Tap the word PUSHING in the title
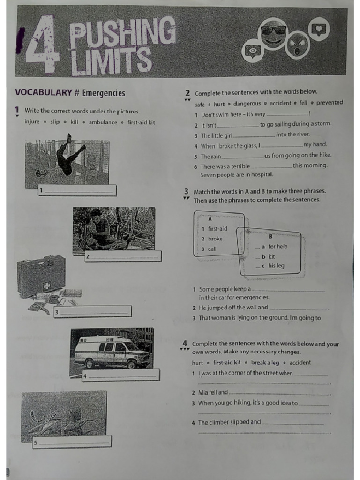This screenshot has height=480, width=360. click(x=122, y=33)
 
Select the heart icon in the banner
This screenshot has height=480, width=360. click(x=319, y=29)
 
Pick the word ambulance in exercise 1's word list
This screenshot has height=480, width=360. click(x=103, y=122)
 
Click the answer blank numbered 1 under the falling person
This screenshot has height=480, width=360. click(x=77, y=190)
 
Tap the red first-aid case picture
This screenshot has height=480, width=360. click(x=41, y=276)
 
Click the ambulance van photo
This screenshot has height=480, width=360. click(x=112, y=352)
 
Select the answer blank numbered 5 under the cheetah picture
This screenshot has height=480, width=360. click(x=73, y=442)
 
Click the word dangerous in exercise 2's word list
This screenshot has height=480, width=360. click(x=247, y=104)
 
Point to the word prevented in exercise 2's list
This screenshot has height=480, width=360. click(x=330, y=103)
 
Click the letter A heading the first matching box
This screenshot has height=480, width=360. click(x=210, y=218)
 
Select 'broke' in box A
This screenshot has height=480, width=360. click(x=215, y=239)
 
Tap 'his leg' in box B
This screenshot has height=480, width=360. click(x=276, y=266)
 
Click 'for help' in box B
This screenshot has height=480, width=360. click(x=278, y=247)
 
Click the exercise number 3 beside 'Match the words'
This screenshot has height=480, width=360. click(x=186, y=191)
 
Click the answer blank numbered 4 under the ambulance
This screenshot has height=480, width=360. click(x=122, y=376)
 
